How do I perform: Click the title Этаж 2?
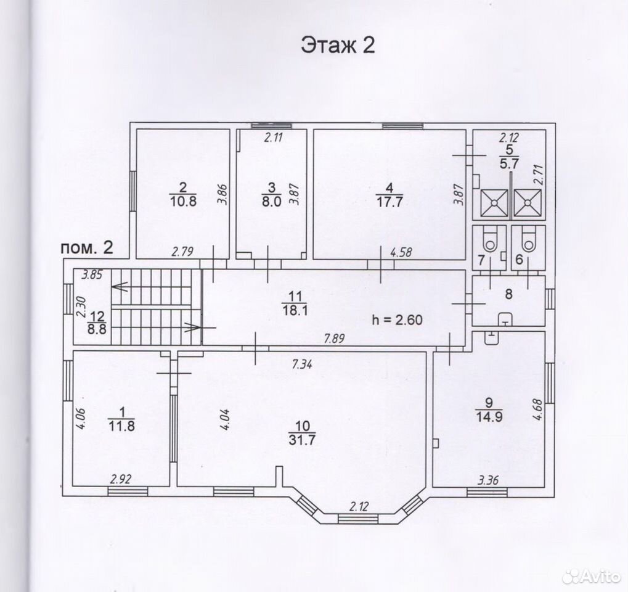tap(338, 45)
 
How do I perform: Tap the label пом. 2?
tap(87, 248)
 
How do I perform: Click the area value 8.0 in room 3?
tap(272, 201)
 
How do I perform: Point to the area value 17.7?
tap(389, 202)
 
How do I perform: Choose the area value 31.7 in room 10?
tap(302, 440)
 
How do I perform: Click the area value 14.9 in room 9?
tap(489, 417)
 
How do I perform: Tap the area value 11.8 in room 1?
tap(122, 425)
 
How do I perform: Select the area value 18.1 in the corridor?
tap(295, 310)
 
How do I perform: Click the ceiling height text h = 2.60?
tap(397, 320)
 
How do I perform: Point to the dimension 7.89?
tap(334, 339)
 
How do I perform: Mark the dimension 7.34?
tap(303, 364)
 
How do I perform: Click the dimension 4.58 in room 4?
tap(401, 252)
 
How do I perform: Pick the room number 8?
tap(508, 294)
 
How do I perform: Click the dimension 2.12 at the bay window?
tap(359, 507)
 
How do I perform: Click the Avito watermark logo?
tap(592, 576)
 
